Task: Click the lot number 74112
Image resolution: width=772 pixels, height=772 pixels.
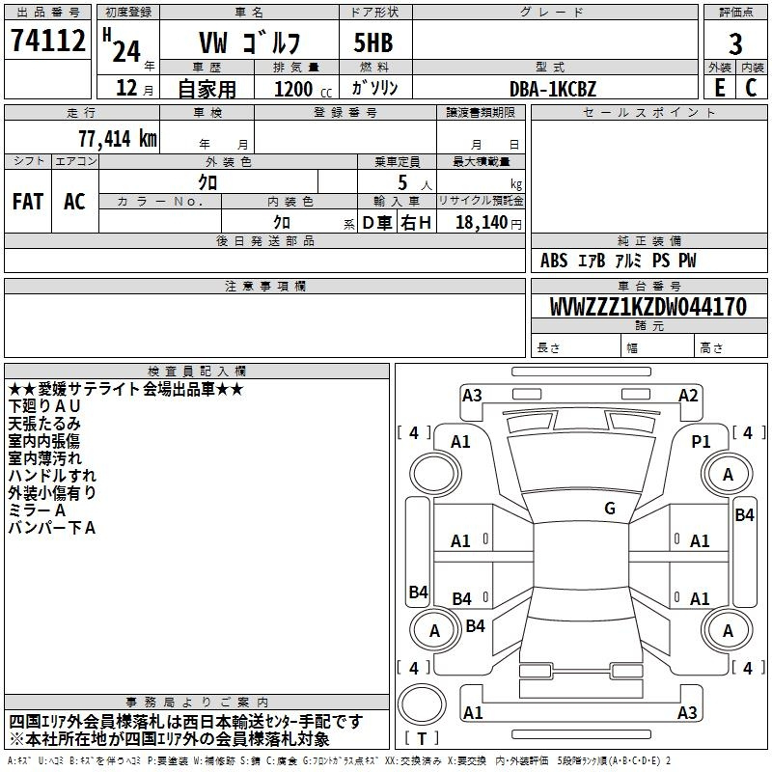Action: pyautogui.click(x=47, y=41)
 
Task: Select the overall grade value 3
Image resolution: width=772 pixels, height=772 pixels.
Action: pyautogui.click(x=735, y=43)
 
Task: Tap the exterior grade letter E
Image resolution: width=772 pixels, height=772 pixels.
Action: pyautogui.click(x=719, y=88)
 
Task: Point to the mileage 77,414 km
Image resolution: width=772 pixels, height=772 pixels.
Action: pyautogui.click(x=118, y=139)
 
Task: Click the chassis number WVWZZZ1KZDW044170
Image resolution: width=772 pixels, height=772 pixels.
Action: pyautogui.click(x=648, y=307)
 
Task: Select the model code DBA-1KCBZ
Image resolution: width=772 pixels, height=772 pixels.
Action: pyautogui.click(x=553, y=89)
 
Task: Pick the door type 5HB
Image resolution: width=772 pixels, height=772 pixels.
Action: pyautogui.click(x=373, y=42)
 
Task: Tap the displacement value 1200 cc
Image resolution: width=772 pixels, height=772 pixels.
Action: pyautogui.click(x=303, y=89)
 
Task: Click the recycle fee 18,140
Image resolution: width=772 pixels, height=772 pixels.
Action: pyautogui.click(x=482, y=222)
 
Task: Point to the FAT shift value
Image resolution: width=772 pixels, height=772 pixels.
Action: pyautogui.click(x=28, y=202)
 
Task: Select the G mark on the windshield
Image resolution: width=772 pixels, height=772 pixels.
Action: pyautogui.click(x=610, y=509)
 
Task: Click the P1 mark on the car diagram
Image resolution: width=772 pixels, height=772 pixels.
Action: pyautogui.click(x=701, y=442)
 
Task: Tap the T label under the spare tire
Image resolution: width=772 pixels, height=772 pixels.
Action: pyautogui.click(x=422, y=738)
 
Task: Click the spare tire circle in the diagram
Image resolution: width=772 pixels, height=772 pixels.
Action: pyautogui.click(x=422, y=704)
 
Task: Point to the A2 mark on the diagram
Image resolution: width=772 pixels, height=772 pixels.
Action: pyautogui.click(x=688, y=396)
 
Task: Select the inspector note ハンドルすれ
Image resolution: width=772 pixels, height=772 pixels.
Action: pyautogui.click(x=52, y=476)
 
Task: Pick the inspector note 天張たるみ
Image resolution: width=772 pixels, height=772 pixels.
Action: pyautogui.click(x=44, y=424)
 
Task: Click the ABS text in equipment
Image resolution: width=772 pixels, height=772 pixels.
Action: pyautogui.click(x=554, y=261)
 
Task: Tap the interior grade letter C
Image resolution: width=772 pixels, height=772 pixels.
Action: pyautogui.click(x=751, y=88)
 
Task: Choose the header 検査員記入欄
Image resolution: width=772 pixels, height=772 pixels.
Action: pyautogui.click(x=197, y=372)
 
